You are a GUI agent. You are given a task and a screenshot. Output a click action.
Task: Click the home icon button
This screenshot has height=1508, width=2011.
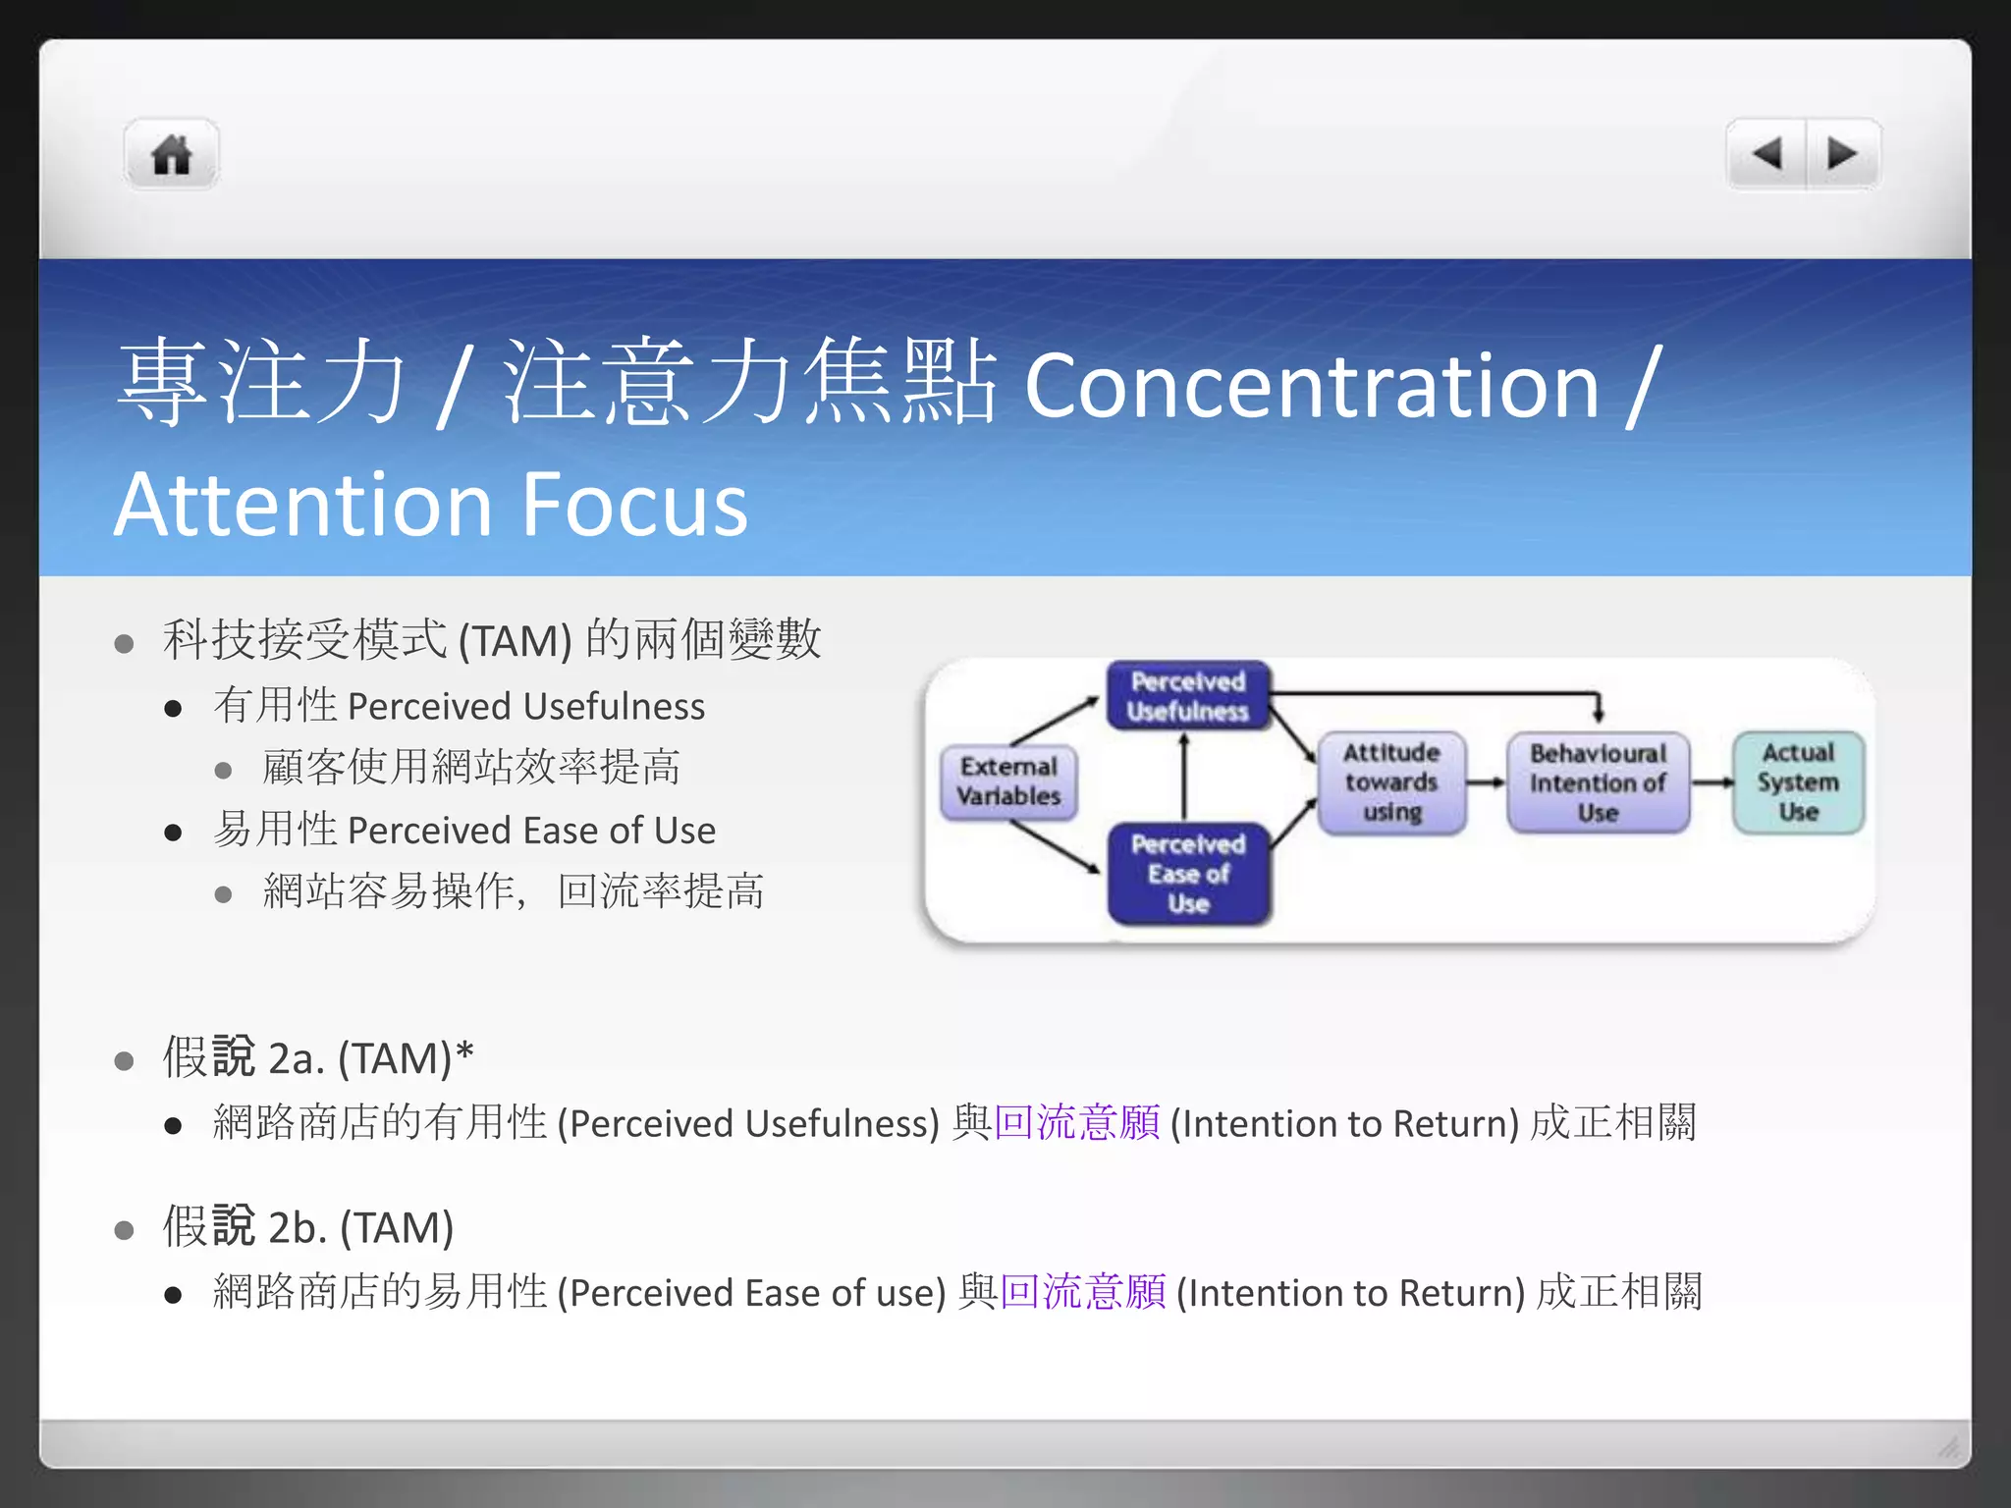click(171, 154)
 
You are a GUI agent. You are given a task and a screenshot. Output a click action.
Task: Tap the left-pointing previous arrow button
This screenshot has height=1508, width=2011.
click(1766, 153)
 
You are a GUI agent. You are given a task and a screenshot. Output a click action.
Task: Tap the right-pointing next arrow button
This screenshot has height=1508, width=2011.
click(1842, 153)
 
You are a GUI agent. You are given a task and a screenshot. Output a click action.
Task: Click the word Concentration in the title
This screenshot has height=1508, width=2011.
click(1312, 386)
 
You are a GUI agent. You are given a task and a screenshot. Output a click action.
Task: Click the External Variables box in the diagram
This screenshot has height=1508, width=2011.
click(1008, 781)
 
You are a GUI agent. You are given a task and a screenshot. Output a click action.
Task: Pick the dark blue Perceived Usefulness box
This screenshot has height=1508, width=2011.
click(1187, 695)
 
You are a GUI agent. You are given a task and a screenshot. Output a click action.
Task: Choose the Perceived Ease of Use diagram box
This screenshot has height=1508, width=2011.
click(1188, 873)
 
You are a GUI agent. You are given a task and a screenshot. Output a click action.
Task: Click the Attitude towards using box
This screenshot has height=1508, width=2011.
click(1391, 782)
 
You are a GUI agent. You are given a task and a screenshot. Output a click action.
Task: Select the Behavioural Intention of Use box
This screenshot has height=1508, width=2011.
click(1598, 782)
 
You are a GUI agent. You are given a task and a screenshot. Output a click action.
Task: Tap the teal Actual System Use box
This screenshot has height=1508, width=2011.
click(1798, 782)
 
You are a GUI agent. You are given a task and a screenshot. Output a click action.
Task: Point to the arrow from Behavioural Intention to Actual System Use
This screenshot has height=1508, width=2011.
click(1712, 782)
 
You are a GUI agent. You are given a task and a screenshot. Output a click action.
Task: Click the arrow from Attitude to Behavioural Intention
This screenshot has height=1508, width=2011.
click(1487, 782)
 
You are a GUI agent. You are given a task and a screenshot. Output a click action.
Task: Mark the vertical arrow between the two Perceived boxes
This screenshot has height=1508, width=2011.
click(1184, 777)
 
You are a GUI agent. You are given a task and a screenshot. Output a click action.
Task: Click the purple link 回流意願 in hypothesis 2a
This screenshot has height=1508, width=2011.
click(1076, 1122)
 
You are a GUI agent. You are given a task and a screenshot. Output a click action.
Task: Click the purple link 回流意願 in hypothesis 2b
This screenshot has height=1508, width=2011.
click(1082, 1292)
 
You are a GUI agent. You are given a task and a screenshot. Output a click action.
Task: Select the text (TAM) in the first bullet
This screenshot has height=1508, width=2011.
click(515, 641)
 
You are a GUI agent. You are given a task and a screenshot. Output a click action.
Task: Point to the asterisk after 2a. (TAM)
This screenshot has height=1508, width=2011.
click(464, 1053)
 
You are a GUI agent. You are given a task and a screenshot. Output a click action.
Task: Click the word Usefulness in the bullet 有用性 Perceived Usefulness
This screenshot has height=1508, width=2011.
click(614, 707)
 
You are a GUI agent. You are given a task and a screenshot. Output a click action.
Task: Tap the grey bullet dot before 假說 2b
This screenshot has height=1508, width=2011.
click(124, 1230)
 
